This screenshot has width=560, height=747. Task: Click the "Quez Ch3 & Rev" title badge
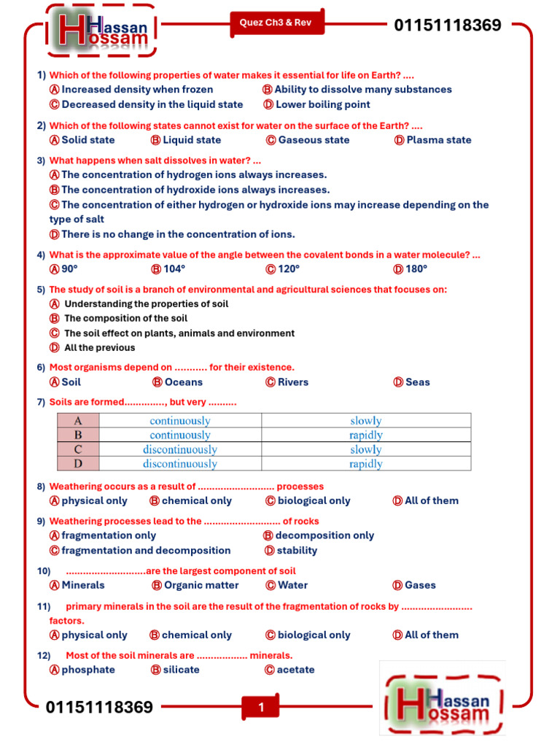tap(276, 23)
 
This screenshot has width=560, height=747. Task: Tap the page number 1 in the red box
tap(261, 707)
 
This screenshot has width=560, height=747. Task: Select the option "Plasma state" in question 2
tap(438, 140)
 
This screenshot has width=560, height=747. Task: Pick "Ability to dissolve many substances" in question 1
tap(362, 90)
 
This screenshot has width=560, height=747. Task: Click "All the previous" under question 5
tap(99, 348)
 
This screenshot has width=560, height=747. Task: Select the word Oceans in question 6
tap(183, 382)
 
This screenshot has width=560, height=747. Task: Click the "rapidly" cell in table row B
tap(365, 436)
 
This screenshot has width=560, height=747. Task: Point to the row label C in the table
tap(77, 449)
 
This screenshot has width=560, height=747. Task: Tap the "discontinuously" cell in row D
tap(179, 464)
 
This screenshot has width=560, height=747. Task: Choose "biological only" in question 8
tap(314, 501)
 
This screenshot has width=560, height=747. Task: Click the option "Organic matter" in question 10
tap(201, 585)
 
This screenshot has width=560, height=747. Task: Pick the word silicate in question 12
tap(181, 670)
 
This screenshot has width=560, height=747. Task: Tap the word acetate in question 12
tap(295, 670)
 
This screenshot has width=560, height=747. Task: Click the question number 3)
tap(41, 160)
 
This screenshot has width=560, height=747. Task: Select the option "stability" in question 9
tap(297, 551)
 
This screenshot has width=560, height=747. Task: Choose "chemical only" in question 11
tap(196, 635)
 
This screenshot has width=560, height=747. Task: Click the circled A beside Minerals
tap(54, 585)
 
